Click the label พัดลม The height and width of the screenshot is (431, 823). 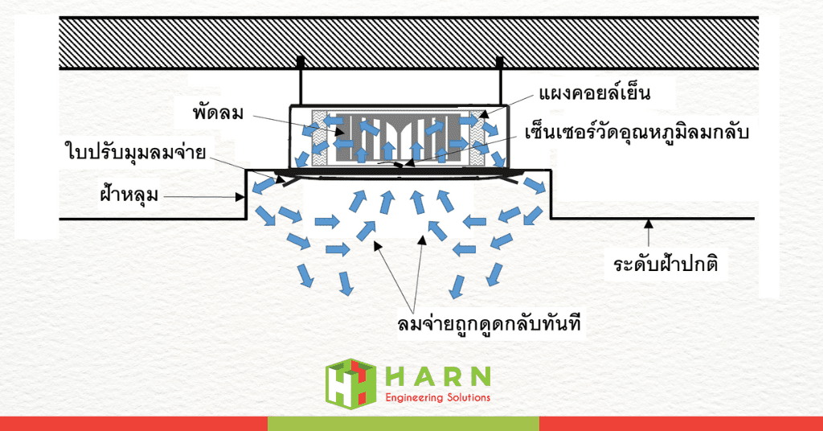(x=218, y=113)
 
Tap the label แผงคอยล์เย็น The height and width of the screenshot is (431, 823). (x=595, y=93)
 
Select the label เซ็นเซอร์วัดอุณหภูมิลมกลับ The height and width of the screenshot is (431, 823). (x=637, y=133)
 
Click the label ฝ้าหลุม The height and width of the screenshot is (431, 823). (x=129, y=195)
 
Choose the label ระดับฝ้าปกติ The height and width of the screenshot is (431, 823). (x=665, y=264)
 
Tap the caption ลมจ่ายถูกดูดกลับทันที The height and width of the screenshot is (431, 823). (x=489, y=323)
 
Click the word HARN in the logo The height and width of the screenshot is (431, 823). (x=437, y=376)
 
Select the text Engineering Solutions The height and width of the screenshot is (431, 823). (x=437, y=397)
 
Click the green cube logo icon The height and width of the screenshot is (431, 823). (x=350, y=384)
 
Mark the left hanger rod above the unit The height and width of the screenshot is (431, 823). (x=301, y=81)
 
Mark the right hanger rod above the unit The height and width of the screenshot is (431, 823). (x=499, y=81)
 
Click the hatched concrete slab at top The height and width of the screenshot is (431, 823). (x=409, y=43)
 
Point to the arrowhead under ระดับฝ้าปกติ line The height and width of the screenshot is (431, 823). (x=649, y=224)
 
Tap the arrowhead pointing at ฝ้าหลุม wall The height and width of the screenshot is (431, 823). (x=240, y=197)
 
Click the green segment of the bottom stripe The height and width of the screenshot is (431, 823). (x=403, y=424)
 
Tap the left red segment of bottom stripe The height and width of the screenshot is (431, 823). (x=134, y=424)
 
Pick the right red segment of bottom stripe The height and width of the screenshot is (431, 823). (x=681, y=424)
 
